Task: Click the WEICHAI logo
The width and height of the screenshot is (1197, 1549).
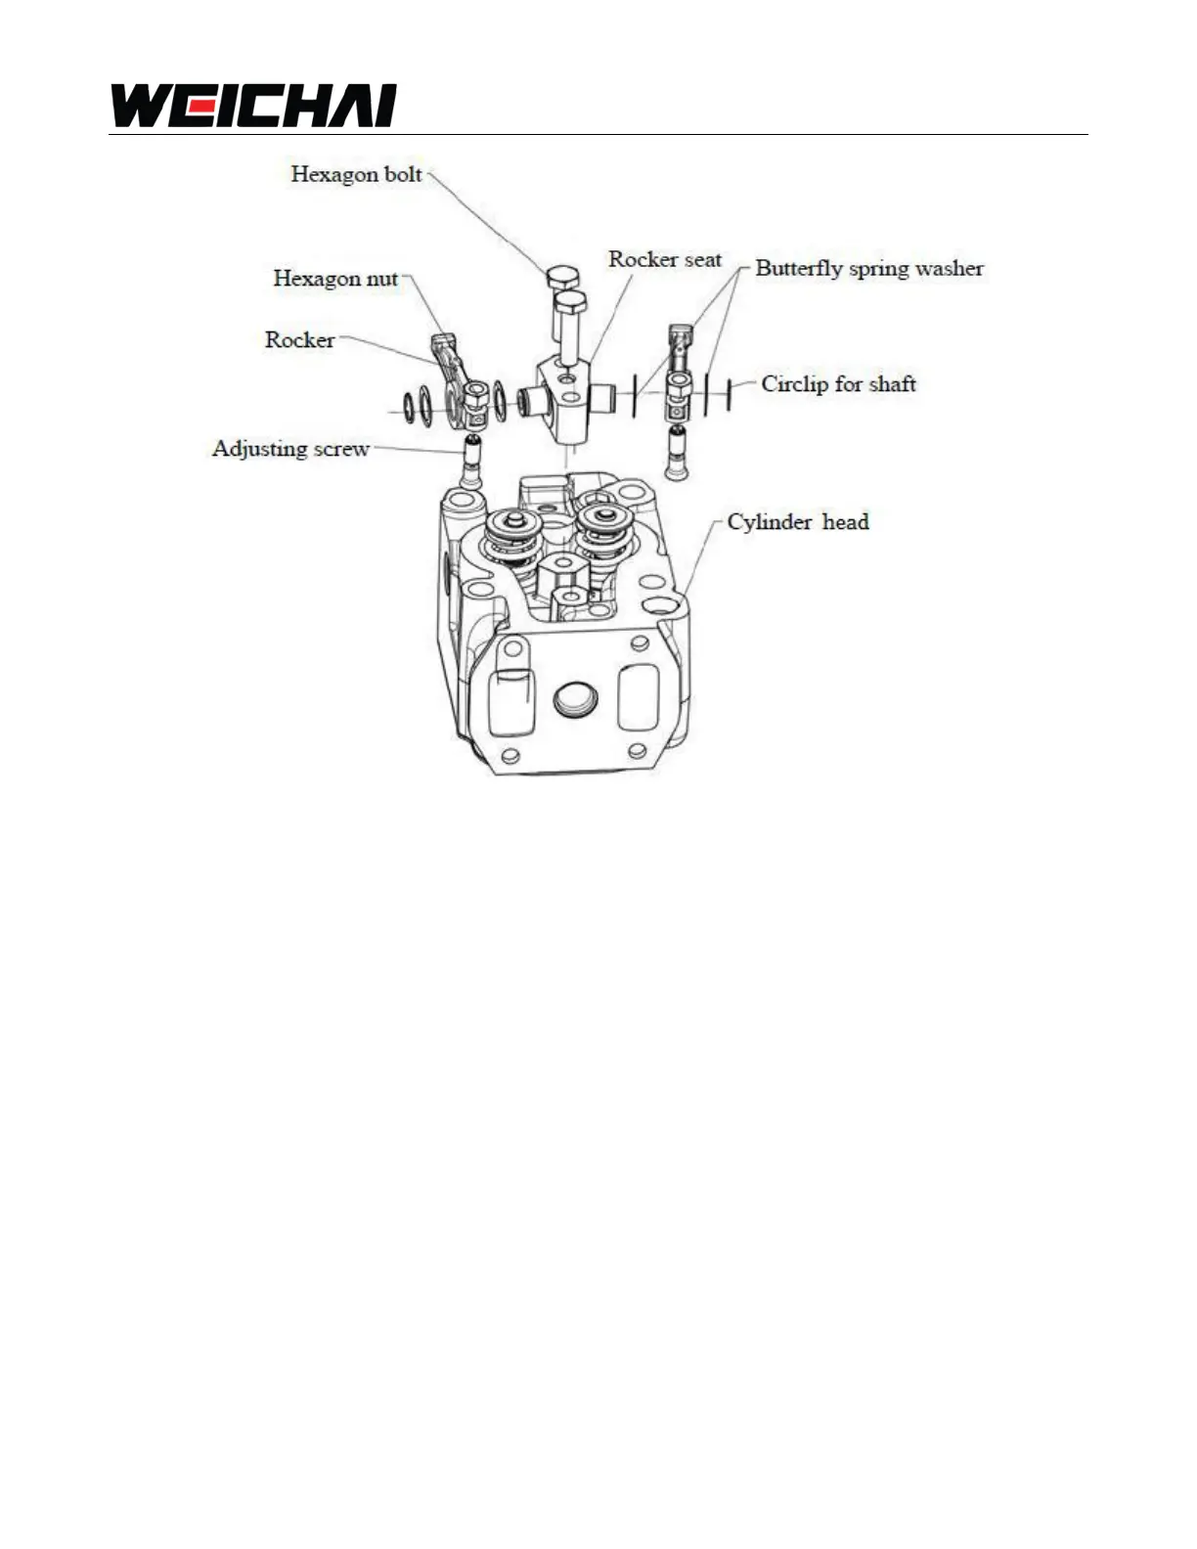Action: click(253, 106)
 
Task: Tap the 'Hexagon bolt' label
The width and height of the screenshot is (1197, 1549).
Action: click(356, 175)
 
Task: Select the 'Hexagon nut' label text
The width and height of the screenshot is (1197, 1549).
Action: click(335, 279)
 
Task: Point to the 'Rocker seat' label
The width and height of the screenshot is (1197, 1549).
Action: click(665, 259)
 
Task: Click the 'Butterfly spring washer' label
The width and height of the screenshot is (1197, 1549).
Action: click(869, 269)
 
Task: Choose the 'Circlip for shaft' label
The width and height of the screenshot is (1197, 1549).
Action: click(838, 384)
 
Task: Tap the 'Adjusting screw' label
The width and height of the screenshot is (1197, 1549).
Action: click(290, 449)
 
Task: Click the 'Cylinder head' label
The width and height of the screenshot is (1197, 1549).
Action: click(797, 522)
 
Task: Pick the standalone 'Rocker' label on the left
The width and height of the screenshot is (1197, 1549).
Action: click(299, 340)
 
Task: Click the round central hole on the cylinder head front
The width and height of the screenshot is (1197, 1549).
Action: click(573, 698)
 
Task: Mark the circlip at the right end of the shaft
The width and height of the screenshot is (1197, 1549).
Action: click(729, 395)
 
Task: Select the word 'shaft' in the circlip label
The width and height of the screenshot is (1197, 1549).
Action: click(890, 384)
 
